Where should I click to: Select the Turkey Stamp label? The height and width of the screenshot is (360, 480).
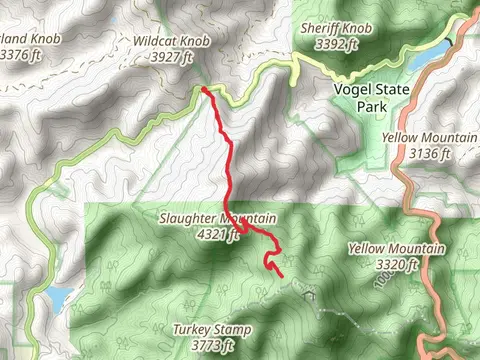[x=211, y=329]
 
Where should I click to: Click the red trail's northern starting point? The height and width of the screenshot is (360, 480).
[x=203, y=89]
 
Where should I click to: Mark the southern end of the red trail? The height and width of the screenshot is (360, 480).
[x=282, y=275]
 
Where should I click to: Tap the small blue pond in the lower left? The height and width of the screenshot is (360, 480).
[x=58, y=297]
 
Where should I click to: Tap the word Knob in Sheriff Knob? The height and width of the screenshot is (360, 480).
[x=359, y=29]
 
